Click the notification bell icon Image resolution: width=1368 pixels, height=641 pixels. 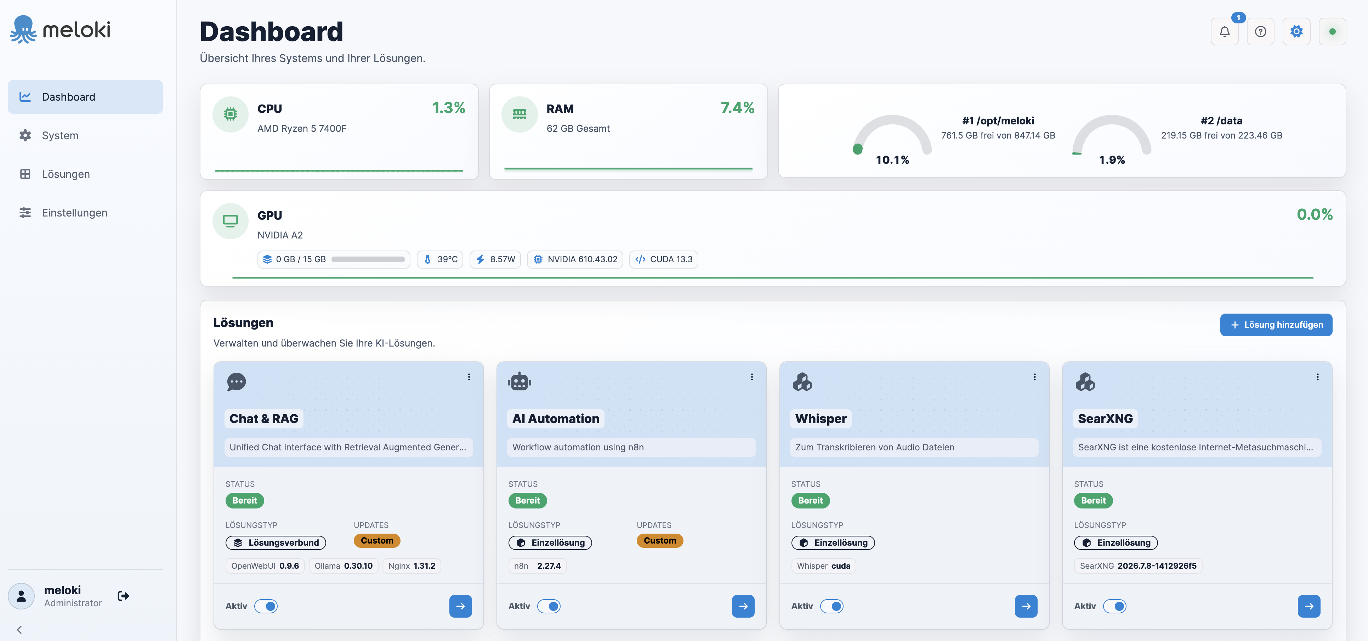(1224, 32)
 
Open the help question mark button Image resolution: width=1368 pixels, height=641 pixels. (1260, 32)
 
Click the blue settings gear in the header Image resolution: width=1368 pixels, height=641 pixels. (1296, 32)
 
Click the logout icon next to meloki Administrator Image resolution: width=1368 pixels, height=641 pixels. (123, 596)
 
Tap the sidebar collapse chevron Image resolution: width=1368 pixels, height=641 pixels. (19, 630)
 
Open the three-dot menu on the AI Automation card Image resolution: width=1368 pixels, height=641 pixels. (751, 377)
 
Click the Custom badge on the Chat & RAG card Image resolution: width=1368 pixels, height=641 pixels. (377, 541)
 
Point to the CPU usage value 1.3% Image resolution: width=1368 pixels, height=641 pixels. (448, 108)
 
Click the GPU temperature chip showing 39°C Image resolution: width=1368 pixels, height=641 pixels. (440, 259)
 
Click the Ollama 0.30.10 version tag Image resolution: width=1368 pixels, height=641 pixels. (343, 566)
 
